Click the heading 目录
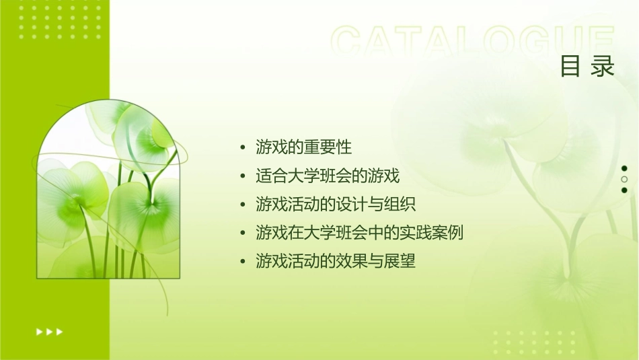coord(587,67)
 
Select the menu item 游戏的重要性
coord(303,147)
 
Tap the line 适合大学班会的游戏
coord(328,176)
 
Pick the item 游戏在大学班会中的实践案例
coord(359,233)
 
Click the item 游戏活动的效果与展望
coord(336,261)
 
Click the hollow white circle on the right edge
coord(624,180)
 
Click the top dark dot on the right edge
coord(624,168)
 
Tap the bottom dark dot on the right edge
coord(624,190)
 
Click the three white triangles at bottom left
coord(49,331)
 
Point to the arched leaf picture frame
coord(110,192)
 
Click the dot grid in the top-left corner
coord(60,20)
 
